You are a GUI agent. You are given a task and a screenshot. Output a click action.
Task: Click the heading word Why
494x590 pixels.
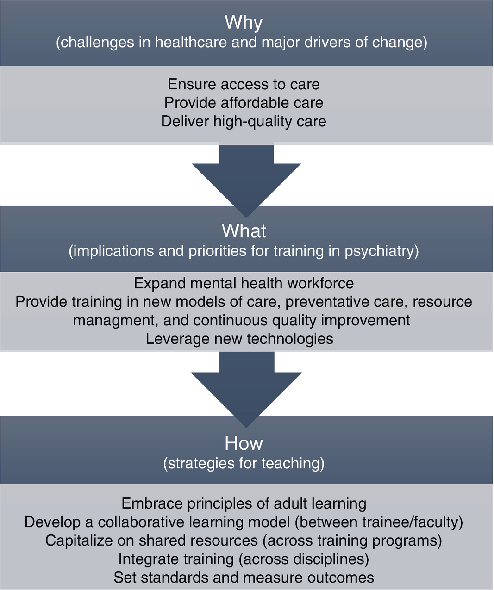pos(244,22)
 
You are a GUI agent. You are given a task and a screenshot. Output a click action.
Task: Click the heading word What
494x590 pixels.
pos(244,231)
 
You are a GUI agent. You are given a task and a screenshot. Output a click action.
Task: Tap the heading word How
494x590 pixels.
pos(244,443)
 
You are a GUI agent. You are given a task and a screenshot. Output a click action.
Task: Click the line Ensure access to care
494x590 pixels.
pos(244,84)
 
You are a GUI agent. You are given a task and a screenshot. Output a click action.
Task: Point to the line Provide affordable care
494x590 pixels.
pos(244,103)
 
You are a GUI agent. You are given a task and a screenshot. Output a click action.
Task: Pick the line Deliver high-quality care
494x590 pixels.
pos(244,121)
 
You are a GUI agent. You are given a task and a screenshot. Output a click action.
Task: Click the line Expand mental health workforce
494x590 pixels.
pos(244,283)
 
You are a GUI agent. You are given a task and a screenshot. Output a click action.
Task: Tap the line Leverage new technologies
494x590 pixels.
pos(239,339)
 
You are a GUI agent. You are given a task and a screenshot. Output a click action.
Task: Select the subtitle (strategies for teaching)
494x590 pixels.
pos(244,463)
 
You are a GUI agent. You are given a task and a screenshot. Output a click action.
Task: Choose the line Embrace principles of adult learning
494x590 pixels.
pos(244,503)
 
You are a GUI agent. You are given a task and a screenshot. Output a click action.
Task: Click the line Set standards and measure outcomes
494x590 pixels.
pos(244,578)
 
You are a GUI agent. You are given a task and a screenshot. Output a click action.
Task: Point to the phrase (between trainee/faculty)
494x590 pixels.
pos(379,522)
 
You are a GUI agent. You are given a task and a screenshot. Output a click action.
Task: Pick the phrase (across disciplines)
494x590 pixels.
pos(304,559)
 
